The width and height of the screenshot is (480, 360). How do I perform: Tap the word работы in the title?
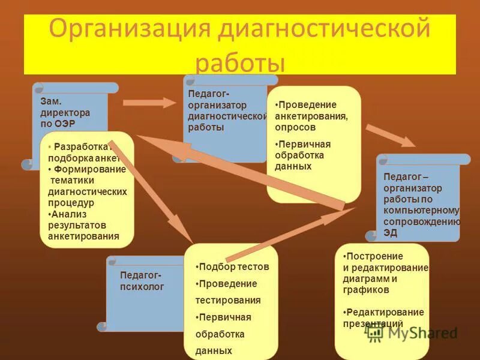(x=241, y=62)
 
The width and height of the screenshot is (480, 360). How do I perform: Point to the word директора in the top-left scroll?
(x=65, y=112)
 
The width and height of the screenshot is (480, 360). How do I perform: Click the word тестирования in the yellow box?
(x=228, y=300)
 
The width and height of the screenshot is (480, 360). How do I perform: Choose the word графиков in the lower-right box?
(x=366, y=289)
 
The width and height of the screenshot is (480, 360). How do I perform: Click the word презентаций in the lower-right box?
(x=373, y=324)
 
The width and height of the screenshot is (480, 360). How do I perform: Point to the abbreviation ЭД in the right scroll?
(x=391, y=233)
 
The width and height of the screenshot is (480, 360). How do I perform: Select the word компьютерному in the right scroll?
(x=422, y=210)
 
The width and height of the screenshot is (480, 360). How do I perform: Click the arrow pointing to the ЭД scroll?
(x=390, y=135)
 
